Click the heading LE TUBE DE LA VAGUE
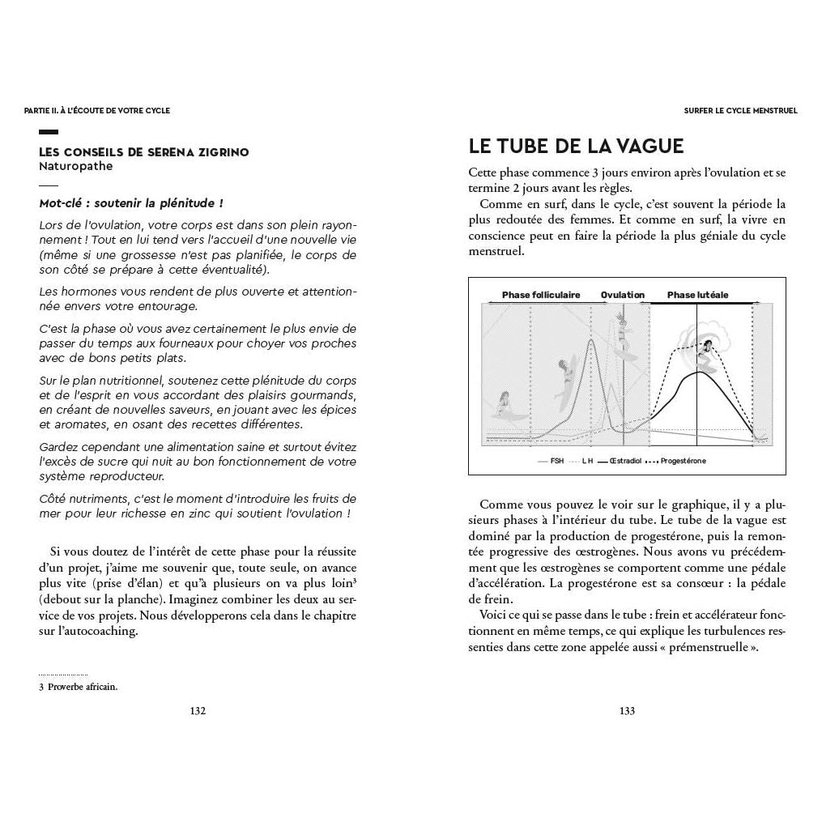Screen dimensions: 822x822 click(576, 146)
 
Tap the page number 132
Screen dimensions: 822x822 click(198, 711)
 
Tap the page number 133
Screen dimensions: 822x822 click(626, 711)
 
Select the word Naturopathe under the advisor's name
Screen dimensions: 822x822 click(76, 166)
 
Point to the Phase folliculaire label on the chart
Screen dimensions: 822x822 click(538, 295)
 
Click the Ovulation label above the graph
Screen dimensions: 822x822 click(622, 295)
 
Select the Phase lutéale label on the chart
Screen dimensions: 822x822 click(697, 295)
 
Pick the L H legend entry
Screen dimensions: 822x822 click(587, 461)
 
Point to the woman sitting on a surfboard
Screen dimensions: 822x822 click(505, 402)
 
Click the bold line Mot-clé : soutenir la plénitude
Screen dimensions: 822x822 click(131, 203)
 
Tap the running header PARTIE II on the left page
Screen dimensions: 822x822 click(97, 111)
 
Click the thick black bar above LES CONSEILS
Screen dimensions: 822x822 click(49, 132)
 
